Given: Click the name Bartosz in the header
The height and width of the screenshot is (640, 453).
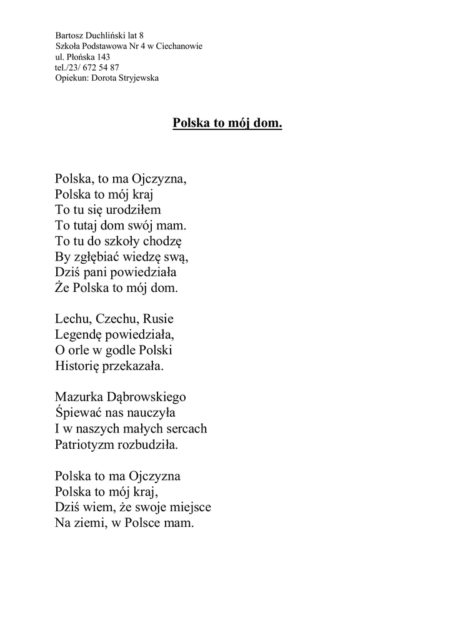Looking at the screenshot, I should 69,36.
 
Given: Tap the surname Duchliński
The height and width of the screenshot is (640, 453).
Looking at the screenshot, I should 107,36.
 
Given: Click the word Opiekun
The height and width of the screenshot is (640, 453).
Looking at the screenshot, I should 71,78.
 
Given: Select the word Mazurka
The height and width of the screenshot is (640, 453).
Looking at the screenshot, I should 77,397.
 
